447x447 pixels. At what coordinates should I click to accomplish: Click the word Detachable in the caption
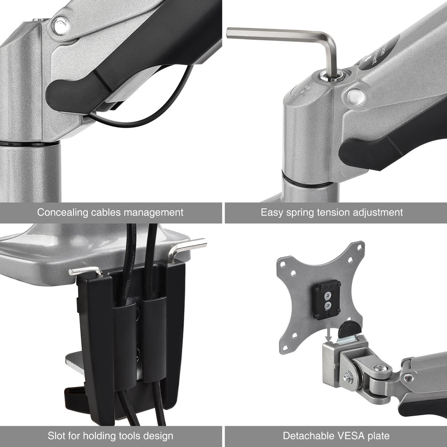(306, 436)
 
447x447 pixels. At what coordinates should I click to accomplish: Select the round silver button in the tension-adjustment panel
(355, 95)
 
